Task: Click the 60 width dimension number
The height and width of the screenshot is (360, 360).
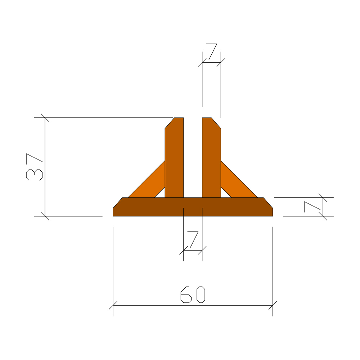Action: click(193, 294)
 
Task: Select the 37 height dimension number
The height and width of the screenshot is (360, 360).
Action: click(34, 167)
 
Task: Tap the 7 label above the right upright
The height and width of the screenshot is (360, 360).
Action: click(211, 51)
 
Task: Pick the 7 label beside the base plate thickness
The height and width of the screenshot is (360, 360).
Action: click(312, 207)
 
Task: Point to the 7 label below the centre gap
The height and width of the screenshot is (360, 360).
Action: click(193, 239)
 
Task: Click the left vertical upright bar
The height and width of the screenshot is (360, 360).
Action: click(174, 158)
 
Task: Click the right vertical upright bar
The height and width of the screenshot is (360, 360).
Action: click(211, 158)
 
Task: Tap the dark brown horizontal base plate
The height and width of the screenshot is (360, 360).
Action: click(193, 207)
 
